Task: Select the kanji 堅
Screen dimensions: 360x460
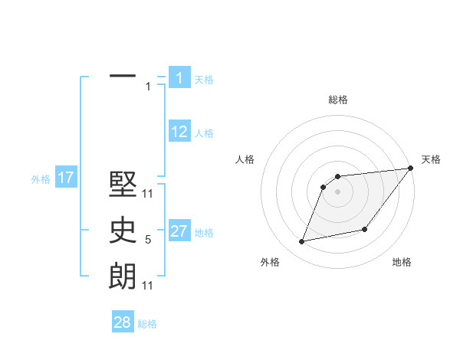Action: (x=123, y=186)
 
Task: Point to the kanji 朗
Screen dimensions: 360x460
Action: (x=123, y=276)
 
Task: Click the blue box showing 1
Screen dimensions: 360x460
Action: (x=179, y=77)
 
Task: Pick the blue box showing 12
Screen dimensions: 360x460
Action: (x=179, y=132)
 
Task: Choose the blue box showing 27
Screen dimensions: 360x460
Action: (x=179, y=231)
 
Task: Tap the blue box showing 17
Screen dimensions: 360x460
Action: (x=65, y=178)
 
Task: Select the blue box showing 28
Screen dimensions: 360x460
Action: (x=123, y=322)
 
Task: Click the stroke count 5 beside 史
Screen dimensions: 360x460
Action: (x=148, y=241)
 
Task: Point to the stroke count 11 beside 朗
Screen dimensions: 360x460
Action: (x=148, y=286)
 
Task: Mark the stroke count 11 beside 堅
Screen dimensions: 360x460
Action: (x=148, y=195)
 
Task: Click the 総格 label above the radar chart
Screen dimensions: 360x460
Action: (x=338, y=100)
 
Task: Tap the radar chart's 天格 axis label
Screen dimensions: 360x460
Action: (x=431, y=159)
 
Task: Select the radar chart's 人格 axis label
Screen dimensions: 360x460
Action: (x=245, y=159)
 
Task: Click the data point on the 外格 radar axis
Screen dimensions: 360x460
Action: (x=302, y=242)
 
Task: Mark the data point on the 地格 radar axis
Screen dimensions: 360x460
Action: (x=365, y=229)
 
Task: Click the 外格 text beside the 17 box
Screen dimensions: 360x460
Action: (x=41, y=179)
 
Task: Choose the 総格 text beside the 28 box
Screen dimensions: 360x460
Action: (x=147, y=323)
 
